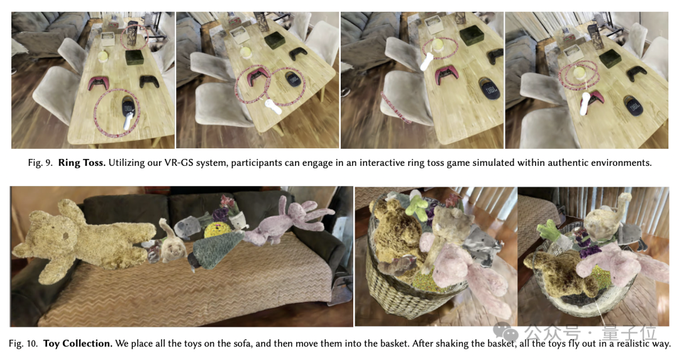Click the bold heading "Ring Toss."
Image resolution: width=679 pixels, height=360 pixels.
point(82,163)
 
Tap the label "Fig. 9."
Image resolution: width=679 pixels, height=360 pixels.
point(40,163)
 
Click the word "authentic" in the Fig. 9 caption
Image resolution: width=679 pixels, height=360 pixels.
point(567,163)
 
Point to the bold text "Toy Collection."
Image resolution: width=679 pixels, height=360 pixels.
point(78,344)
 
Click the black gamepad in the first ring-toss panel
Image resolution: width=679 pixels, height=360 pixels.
point(149,81)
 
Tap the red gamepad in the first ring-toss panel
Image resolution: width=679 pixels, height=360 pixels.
point(99,83)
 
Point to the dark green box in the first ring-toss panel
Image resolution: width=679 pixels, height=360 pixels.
point(135,57)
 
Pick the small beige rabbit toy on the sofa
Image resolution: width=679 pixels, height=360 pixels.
point(172,246)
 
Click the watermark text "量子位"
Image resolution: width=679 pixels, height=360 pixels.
point(629,333)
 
